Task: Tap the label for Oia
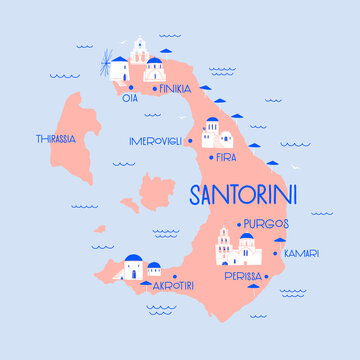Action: [x=129, y=98]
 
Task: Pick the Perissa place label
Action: [x=243, y=276]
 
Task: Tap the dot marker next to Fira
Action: [x=209, y=156]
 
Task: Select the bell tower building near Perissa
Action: [x=227, y=246]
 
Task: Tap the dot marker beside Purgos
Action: [x=238, y=224]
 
